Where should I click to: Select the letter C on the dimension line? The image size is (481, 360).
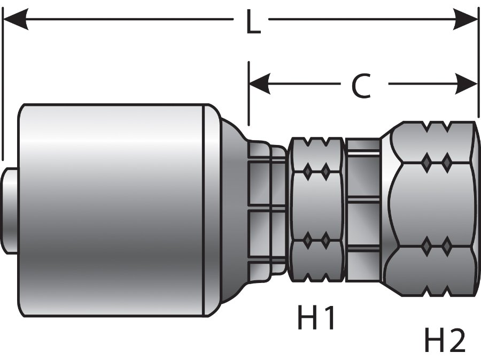[x=361, y=85]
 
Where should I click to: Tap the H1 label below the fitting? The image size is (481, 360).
[x=316, y=319]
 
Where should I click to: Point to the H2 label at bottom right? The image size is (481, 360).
[x=445, y=340]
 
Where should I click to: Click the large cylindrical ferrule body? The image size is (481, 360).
[x=112, y=209]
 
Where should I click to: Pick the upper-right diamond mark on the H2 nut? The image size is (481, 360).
[x=446, y=161]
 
